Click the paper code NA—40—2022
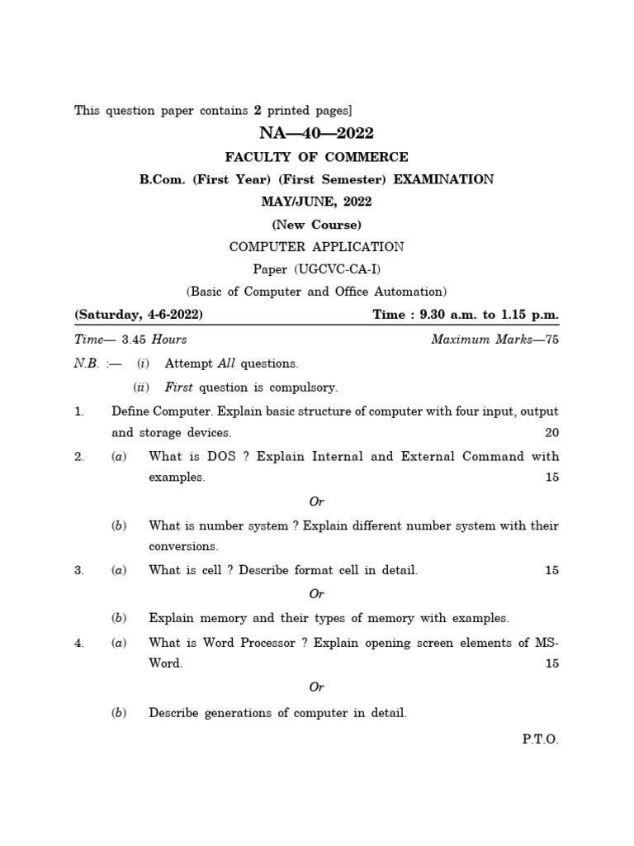pos(316,134)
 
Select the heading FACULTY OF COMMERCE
pos(316,157)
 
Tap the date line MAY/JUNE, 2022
pos(316,202)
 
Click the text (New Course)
pos(316,224)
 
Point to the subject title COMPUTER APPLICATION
pos(316,246)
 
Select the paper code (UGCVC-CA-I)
pos(336,269)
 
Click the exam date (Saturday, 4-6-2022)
pos(139,315)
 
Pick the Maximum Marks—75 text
pos(495,339)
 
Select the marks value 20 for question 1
pos(551,433)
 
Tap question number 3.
pos(79,570)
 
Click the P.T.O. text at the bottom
pos(540,739)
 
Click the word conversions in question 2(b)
pos(183,546)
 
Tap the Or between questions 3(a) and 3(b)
pos(316,593)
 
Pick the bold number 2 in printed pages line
pos(258,110)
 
